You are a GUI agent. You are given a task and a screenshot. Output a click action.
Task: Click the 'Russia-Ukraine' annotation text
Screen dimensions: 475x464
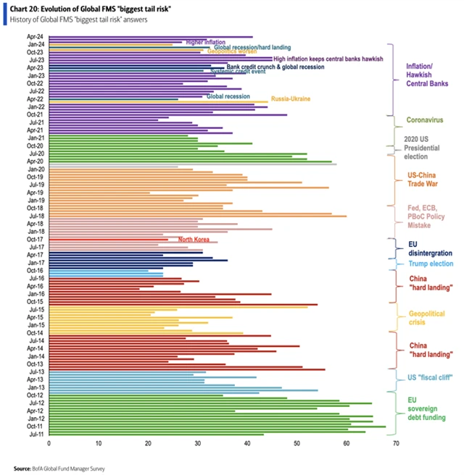[291, 99]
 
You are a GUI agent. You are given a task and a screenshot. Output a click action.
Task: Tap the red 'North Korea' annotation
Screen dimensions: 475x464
[194, 239]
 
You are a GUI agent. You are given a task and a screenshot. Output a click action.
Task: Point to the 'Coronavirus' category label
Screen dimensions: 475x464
[423, 119]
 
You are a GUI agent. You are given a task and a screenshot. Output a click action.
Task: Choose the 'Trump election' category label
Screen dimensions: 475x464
[428, 264]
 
